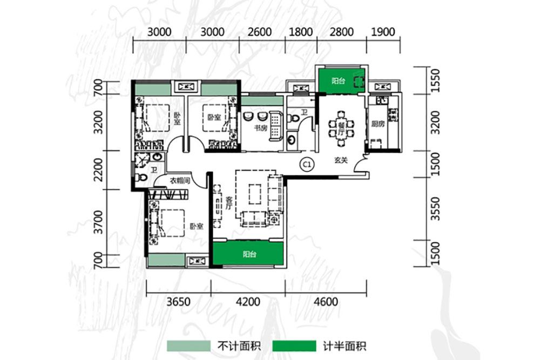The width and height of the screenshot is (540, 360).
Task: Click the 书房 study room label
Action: (261, 128)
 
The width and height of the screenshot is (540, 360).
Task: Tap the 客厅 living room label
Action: (228, 203)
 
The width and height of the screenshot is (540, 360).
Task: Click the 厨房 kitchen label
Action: (377, 124)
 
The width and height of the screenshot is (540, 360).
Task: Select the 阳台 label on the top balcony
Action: (339, 80)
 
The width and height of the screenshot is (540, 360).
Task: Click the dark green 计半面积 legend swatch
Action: (294, 345)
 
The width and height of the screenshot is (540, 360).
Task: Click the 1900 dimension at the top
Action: (383, 32)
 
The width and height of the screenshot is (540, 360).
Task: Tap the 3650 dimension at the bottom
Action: (178, 301)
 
